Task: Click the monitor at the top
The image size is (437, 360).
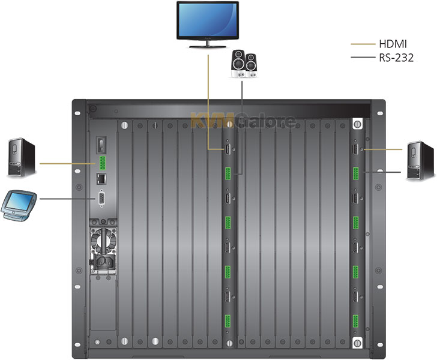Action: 208,25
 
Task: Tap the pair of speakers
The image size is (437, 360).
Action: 244,64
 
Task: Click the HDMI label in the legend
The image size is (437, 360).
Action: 393,44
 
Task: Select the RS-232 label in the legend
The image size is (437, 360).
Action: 396,58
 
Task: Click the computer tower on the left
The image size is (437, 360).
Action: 22,157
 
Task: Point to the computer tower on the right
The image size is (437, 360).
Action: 420,161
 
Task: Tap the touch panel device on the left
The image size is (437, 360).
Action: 19,205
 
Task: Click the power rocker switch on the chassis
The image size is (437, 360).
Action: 101,145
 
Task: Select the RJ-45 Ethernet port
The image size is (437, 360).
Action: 101,178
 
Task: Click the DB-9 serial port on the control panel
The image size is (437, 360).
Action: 101,199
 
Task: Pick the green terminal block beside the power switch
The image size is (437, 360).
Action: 102,163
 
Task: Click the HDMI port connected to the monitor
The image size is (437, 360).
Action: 228,149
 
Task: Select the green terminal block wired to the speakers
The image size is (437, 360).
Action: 228,173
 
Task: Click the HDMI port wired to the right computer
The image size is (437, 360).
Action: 355,149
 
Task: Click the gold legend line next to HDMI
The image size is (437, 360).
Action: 363,44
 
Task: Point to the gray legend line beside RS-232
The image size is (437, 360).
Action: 363,58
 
